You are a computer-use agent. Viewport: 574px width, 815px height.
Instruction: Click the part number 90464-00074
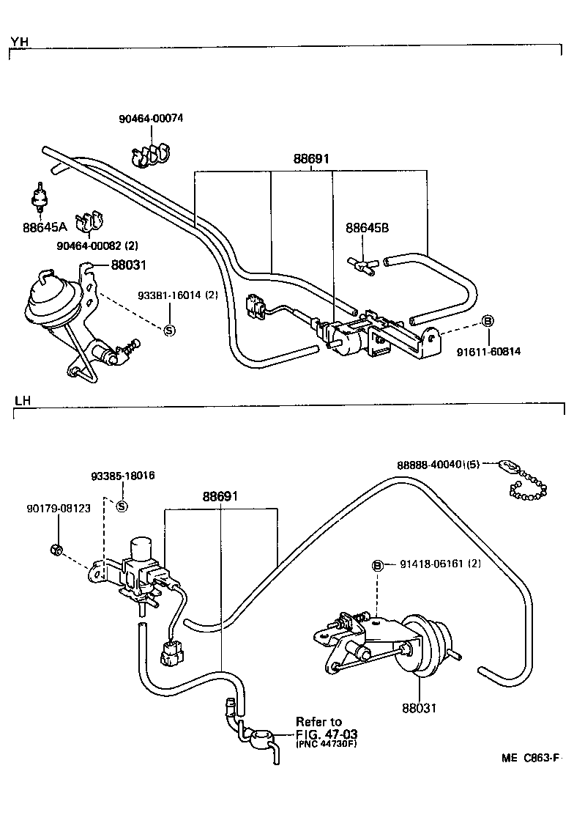click(152, 119)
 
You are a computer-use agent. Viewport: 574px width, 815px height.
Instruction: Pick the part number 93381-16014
click(168, 296)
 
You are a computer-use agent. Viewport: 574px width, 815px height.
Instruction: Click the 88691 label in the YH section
click(311, 158)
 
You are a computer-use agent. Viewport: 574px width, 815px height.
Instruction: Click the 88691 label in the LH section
click(221, 497)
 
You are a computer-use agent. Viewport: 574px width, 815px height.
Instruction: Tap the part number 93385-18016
click(123, 476)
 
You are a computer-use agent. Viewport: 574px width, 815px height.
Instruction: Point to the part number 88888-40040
click(437, 465)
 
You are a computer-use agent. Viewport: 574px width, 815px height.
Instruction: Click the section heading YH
click(20, 41)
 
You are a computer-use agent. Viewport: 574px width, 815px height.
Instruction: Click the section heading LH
click(21, 400)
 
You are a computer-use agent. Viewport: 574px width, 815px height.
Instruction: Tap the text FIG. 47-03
click(327, 733)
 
